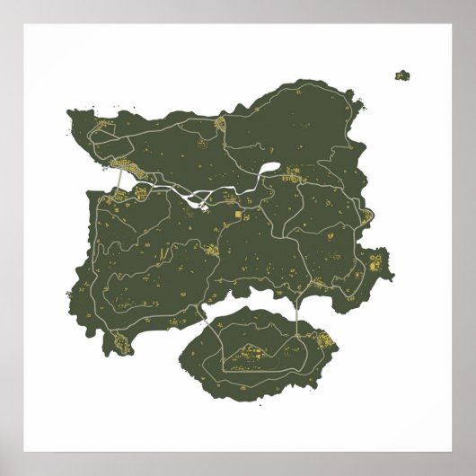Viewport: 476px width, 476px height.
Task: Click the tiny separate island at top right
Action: [401, 75]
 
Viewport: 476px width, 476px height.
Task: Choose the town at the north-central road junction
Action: [220, 125]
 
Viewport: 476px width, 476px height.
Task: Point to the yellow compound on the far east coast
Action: [375, 262]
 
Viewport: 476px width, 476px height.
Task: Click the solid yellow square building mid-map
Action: [239, 216]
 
